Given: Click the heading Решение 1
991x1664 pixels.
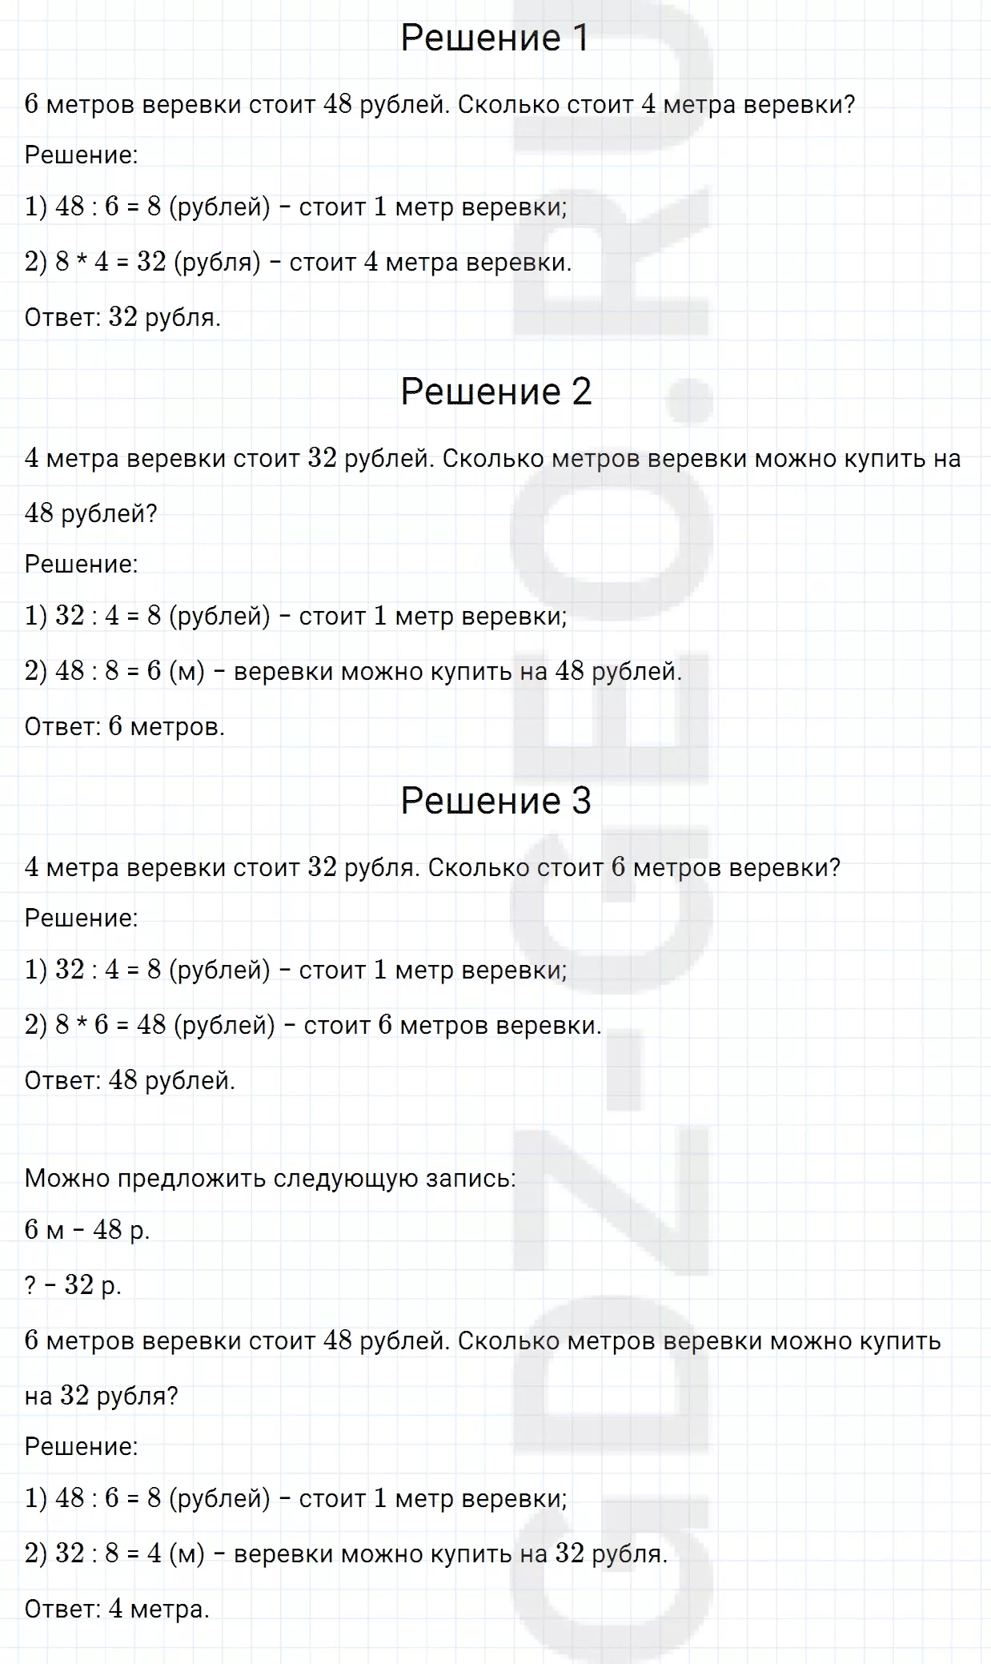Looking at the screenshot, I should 495,38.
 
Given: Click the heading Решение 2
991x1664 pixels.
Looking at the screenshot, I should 495,392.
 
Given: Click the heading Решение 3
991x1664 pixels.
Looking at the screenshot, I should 495,801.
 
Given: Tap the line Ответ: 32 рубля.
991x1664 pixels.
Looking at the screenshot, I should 122,318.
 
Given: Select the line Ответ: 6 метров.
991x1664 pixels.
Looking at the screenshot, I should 125,727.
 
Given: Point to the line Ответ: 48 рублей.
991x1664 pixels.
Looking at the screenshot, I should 130,1081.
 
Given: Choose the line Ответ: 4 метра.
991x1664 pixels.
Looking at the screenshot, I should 117,1610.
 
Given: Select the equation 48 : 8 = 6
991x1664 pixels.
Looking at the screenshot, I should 108,672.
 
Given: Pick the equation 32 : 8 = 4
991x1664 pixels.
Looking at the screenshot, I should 108,1554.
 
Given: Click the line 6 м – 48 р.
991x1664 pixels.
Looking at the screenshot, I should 87,1230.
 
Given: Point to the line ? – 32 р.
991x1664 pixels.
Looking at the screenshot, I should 73,1285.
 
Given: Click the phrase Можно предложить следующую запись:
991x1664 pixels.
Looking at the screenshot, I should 271,1179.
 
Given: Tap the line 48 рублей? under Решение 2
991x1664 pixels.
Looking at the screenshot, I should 91,513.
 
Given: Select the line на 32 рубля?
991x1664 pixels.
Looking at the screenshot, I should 101,1396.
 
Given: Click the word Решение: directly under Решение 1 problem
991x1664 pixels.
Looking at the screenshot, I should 81,155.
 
